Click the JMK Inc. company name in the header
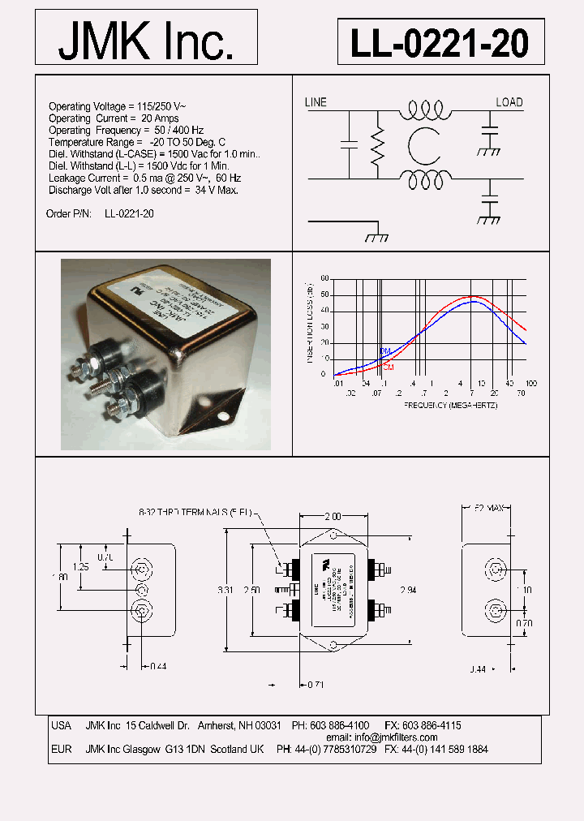coord(146,39)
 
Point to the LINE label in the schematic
coord(316,102)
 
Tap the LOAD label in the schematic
coord(509,102)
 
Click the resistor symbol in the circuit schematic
coord(377,148)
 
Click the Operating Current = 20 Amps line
coord(113,118)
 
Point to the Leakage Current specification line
coord(133,178)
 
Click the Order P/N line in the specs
coord(101,213)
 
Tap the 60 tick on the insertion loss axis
coord(324,278)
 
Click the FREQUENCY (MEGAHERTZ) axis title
coord(450,405)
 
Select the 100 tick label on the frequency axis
coord(531,383)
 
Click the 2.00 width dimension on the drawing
coord(332,516)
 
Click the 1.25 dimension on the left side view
coord(80,566)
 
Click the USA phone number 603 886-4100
coord(341,725)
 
